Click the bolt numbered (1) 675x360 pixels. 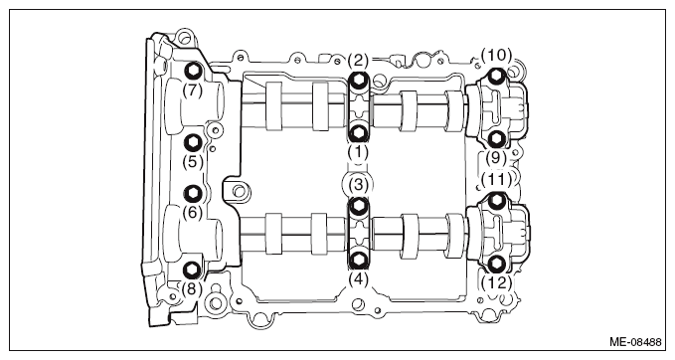[x=358, y=134]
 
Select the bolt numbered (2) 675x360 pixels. [x=358, y=80]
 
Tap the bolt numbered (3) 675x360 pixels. [x=358, y=206]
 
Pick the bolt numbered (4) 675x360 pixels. [x=358, y=260]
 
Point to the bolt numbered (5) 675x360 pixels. [x=193, y=142]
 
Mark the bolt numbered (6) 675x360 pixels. [x=193, y=194]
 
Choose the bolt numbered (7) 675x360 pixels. [x=193, y=71]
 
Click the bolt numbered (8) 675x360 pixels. [x=192, y=270]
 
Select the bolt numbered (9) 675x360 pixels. [x=497, y=138]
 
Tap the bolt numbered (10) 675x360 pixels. [x=497, y=77]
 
